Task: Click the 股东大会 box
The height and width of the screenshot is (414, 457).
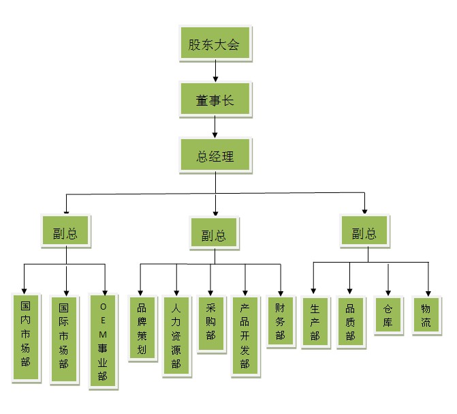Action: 215,44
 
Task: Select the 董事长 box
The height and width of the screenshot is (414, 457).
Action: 215,100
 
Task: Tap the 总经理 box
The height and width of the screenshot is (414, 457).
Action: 215,156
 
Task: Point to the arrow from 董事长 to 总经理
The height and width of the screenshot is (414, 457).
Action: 215,127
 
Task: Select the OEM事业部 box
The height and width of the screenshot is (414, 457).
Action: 104,341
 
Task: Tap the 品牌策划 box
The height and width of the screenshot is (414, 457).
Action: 142,327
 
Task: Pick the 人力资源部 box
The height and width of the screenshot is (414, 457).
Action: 176,335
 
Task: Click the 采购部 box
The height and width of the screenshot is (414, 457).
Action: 210,323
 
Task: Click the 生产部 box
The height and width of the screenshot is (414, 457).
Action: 315,322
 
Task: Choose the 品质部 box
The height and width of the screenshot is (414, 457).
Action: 350,321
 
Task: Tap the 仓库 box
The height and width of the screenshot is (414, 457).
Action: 388,314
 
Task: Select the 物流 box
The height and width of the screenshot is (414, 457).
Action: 426,314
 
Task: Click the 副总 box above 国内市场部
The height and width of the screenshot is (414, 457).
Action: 65,232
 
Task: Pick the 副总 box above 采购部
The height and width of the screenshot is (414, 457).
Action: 214,235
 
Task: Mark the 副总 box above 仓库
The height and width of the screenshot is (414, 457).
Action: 364,233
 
